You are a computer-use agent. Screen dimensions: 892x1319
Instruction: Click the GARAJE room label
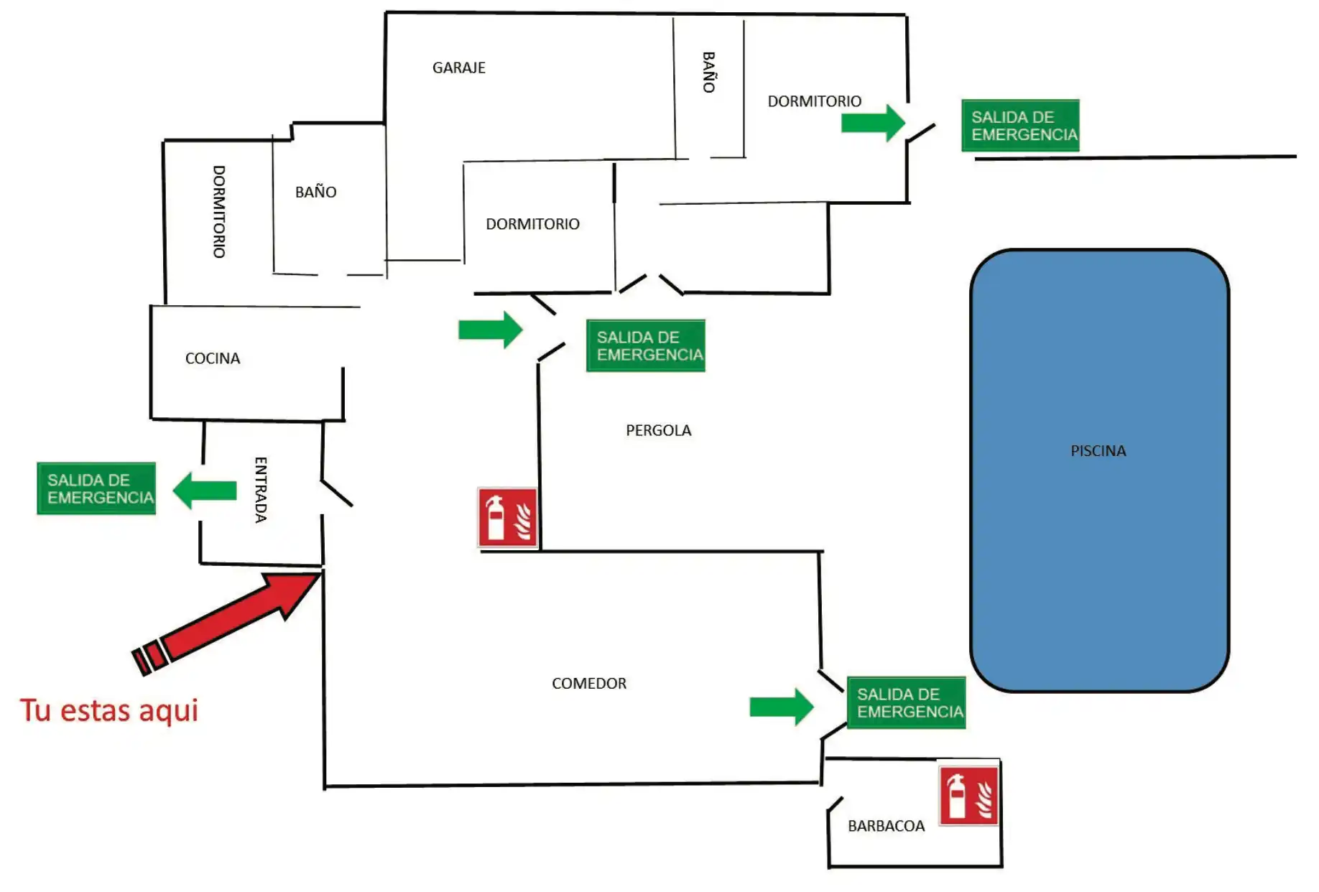(x=458, y=68)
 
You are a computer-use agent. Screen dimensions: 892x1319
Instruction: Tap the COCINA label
(x=213, y=358)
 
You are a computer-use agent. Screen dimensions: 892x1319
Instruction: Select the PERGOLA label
(x=658, y=430)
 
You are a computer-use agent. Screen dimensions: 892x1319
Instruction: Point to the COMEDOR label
(x=589, y=683)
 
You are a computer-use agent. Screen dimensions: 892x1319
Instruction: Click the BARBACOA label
(x=886, y=826)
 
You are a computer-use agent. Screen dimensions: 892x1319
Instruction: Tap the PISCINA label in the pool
(x=1098, y=451)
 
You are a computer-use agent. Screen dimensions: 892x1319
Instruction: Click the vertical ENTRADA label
(x=261, y=490)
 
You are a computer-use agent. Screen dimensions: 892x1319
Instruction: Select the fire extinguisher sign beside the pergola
(x=508, y=517)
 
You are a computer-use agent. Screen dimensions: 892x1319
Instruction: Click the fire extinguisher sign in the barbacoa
(x=969, y=795)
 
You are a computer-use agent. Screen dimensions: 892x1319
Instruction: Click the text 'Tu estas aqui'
(x=108, y=710)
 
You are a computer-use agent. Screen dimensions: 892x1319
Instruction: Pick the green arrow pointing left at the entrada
(x=205, y=491)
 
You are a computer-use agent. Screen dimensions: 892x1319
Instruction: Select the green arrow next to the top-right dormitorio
(x=873, y=123)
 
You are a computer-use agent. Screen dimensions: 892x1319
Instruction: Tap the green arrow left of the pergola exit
(x=490, y=330)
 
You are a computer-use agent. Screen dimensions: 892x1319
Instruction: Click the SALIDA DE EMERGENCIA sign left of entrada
(x=96, y=488)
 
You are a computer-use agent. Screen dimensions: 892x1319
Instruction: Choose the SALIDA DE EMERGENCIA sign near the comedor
(x=906, y=702)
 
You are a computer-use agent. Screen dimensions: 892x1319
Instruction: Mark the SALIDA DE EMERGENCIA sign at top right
(x=1020, y=126)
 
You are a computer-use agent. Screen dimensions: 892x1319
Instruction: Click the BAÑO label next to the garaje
(x=708, y=72)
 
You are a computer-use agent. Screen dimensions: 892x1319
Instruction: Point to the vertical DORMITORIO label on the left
(x=219, y=212)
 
